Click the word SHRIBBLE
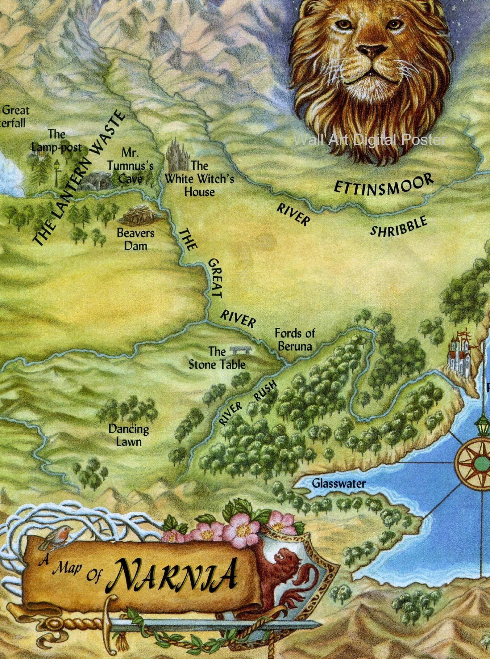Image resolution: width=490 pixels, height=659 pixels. pyautogui.click(x=399, y=227)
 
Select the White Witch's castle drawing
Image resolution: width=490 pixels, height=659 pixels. pyautogui.click(x=177, y=155)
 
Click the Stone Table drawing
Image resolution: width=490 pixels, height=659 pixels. pyautogui.click(x=241, y=350)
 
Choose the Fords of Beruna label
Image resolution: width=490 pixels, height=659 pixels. pyautogui.click(x=295, y=340)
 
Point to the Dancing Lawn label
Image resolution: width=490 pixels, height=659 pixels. pyautogui.click(x=129, y=435)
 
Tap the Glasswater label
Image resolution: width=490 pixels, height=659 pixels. pyautogui.click(x=338, y=483)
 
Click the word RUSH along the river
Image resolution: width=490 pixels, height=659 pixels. pyautogui.click(x=265, y=391)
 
